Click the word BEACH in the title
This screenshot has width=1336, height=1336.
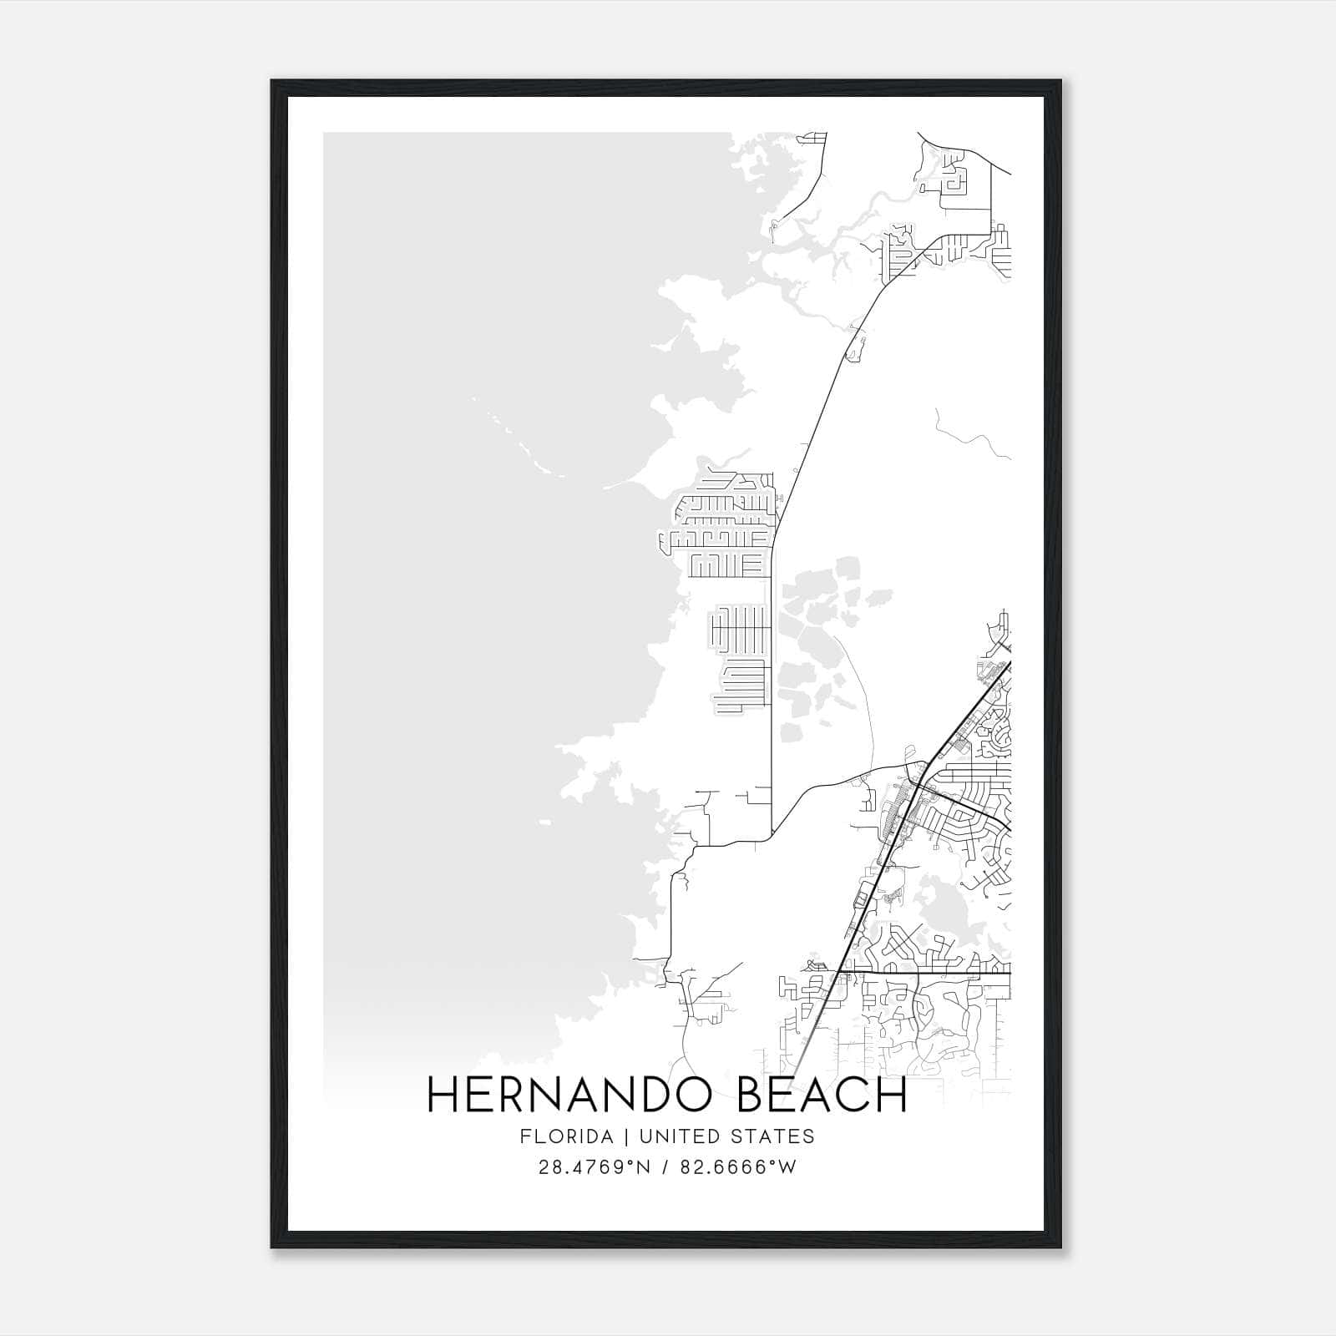point(822,1096)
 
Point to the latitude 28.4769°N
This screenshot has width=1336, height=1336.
point(594,1167)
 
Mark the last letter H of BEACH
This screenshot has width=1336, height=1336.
point(891,1096)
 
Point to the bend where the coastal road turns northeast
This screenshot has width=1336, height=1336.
point(773,547)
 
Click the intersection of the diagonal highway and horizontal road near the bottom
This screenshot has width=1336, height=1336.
point(838,973)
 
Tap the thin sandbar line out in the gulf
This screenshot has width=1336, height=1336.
point(518,443)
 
